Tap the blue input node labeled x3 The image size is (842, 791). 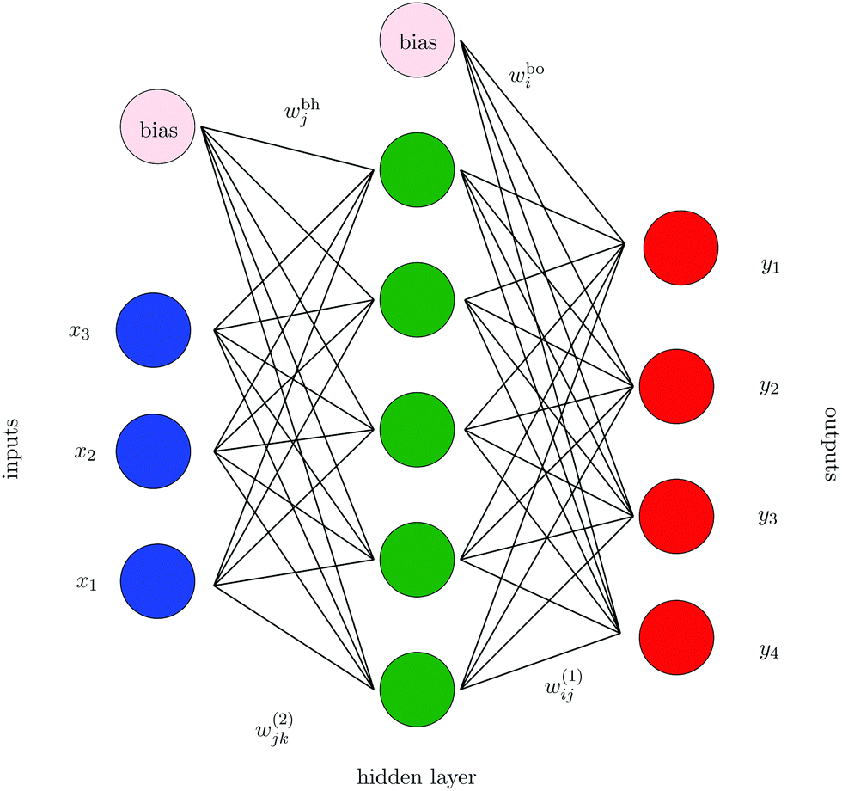coord(153,331)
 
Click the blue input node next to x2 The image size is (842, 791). coord(153,451)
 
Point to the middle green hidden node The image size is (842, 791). coord(417,429)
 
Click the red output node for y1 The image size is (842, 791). coord(680,247)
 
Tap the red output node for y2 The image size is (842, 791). coord(676,386)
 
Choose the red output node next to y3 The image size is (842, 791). coord(676,516)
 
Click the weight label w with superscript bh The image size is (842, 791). coord(299,112)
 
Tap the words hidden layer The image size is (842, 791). coord(416,776)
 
